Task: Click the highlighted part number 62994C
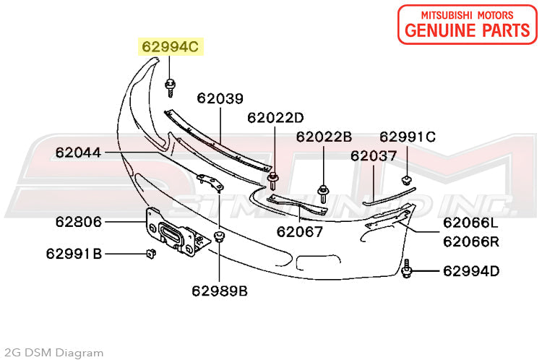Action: click(x=171, y=48)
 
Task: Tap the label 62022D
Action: click(x=275, y=117)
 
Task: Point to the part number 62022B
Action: click(x=323, y=137)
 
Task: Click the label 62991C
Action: click(x=408, y=137)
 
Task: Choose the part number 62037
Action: click(x=374, y=155)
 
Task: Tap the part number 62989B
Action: click(x=220, y=291)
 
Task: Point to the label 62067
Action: click(x=299, y=233)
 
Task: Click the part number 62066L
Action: click(x=470, y=223)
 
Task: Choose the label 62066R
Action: click(x=471, y=241)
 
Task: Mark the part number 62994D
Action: click(x=471, y=272)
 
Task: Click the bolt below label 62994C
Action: click(x=171, y=86)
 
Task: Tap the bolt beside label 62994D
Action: click(x=408, y=270)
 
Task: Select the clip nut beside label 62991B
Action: click(x=150, y=253)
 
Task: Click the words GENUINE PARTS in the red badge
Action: click(x=467, y=30)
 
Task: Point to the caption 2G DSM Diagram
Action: click(x=53, y=353)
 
